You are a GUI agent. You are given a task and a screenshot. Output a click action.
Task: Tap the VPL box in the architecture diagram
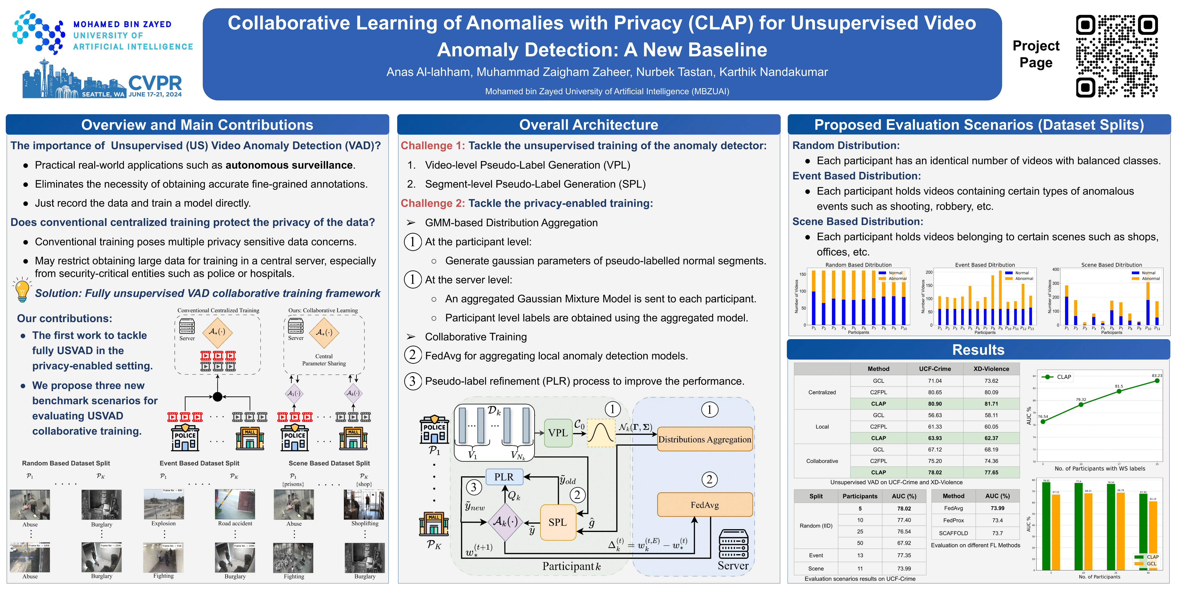click(558, 433)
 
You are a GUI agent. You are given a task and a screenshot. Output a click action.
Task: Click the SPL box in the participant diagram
click(557, 522)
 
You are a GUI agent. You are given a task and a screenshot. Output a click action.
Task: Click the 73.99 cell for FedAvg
click(997, 508)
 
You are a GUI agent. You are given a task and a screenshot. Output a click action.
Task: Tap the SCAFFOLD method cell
click(954, 533)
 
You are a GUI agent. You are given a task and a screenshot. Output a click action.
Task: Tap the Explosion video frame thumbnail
click(164, 504)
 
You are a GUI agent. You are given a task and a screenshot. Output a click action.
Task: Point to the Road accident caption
click(235, 524)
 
